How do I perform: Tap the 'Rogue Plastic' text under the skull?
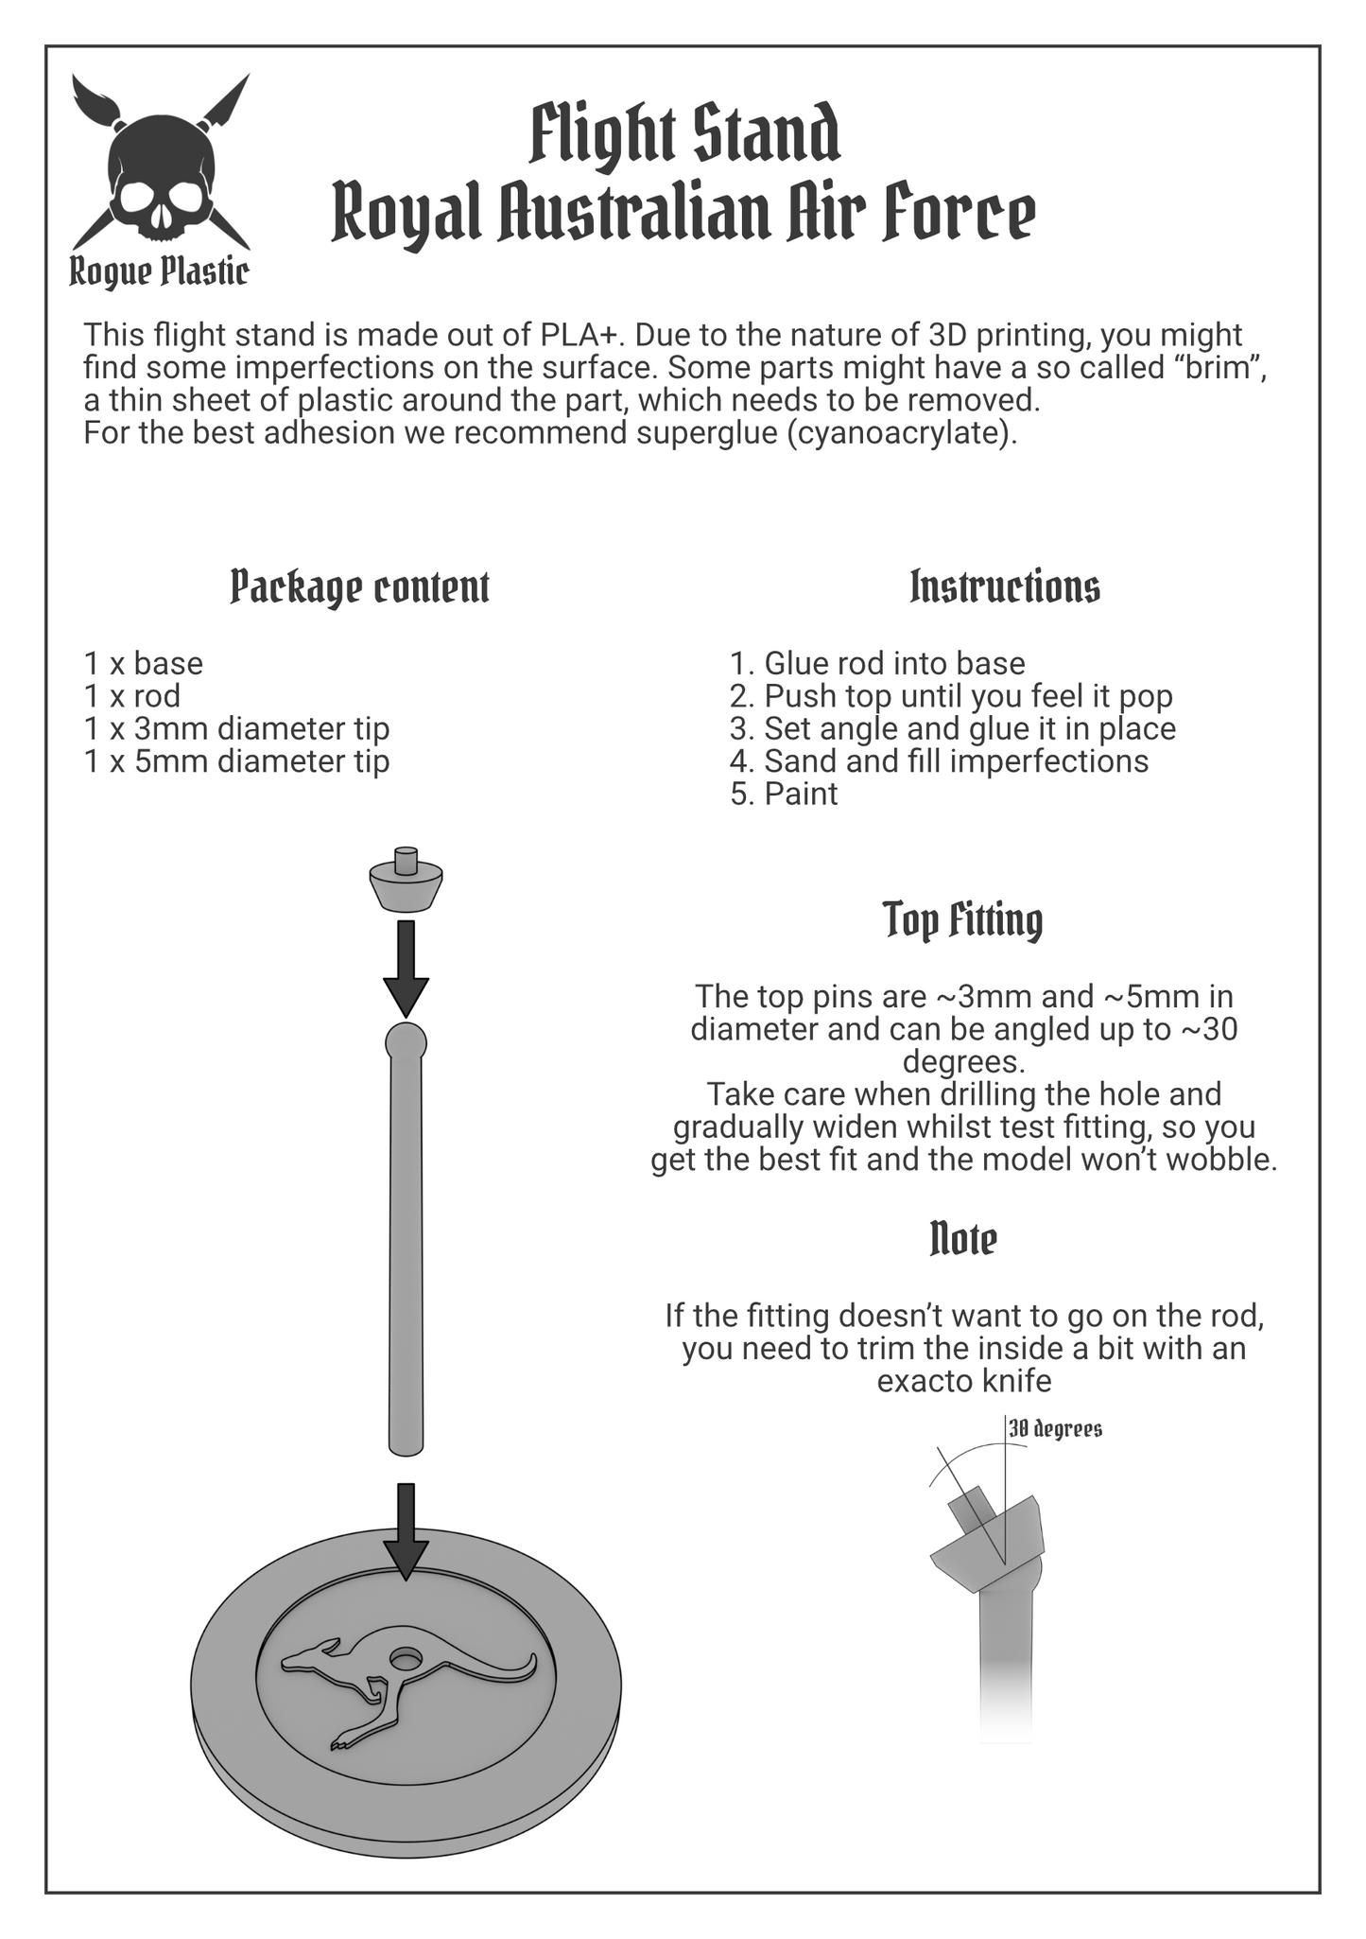pos(160,272)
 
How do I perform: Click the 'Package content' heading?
pos(360,587)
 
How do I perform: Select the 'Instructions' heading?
pos(1005,586)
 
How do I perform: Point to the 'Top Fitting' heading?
pos(963,920)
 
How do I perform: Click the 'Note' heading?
pos(963,1238)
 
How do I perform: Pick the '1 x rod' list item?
pos(132,696)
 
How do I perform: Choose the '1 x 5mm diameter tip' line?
pos(236,761)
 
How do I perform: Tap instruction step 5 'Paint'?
pos(784,794)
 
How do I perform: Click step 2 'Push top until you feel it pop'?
pos(951,696)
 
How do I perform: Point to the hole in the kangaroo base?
pos(407,1659)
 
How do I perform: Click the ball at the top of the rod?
pos(406,1043)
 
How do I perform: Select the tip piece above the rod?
pos(406,879)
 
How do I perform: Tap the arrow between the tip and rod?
pos(406,969)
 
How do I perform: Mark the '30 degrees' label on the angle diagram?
pos(1055,1428)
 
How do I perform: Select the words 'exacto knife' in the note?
pos(964,1381)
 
